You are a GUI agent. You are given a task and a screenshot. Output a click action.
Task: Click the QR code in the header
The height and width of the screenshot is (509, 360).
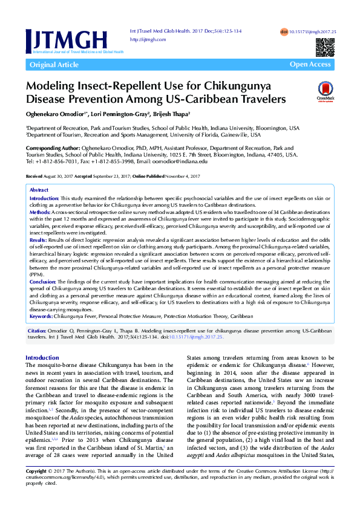tap(325, 47)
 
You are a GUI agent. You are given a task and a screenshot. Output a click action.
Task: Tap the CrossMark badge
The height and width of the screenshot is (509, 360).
tap(325, 91)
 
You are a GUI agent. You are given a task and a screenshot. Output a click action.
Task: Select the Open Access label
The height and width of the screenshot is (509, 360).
tap(310, 65)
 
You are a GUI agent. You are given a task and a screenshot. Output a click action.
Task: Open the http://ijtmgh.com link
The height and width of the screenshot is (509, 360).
tap(148, 39)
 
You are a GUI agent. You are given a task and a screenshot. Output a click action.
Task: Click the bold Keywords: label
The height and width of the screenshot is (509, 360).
tap(44, 316)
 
